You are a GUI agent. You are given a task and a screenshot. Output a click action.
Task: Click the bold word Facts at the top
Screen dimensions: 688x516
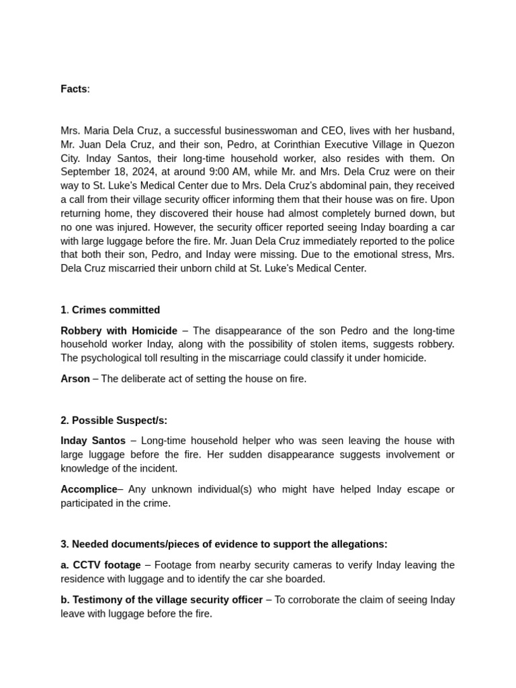tap(74, 89)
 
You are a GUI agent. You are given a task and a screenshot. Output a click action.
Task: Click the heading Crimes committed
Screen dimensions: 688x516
tap(116, 310)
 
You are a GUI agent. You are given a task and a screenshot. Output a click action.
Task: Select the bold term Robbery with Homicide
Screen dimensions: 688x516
tap(119, 331)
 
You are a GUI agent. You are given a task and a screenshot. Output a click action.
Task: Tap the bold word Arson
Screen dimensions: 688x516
tap(75, 379)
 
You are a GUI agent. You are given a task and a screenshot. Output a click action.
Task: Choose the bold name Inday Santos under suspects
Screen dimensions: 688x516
tap(93, 441)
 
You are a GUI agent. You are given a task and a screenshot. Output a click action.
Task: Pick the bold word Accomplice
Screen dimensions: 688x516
tap(89, 489)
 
